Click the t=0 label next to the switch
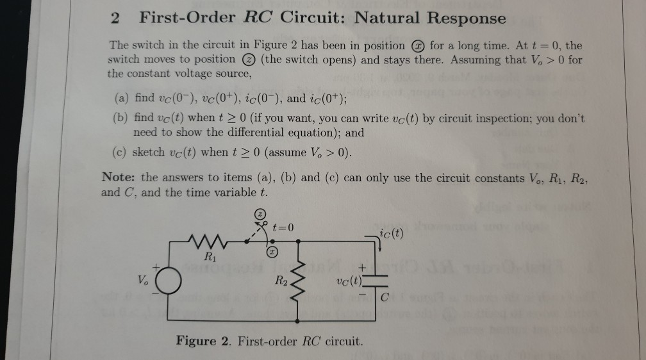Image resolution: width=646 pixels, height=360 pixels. pos(283,226)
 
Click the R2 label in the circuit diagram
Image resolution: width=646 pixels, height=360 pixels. pos(281,279)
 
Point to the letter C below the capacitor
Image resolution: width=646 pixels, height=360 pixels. pos(384,297)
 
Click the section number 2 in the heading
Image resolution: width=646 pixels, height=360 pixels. pos(114,19)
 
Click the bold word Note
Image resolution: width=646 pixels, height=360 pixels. pos(117,177)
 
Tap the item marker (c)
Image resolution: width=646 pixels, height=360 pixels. pos(122,154)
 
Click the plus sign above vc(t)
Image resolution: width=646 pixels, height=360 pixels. pos(362,266)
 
